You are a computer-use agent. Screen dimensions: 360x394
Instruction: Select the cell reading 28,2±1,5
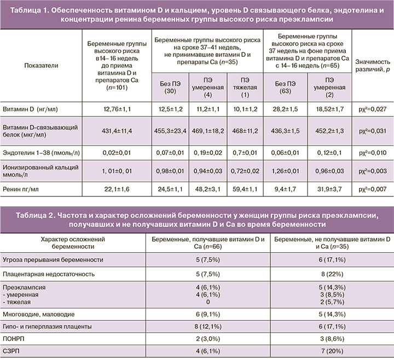point(285,109)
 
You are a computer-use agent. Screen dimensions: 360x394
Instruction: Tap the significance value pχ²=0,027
point(373,109)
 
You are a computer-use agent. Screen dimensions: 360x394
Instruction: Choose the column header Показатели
point(41,65)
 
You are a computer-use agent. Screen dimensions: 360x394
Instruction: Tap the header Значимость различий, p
point(373,65)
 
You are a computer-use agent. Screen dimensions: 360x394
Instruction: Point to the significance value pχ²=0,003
point(373,170)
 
